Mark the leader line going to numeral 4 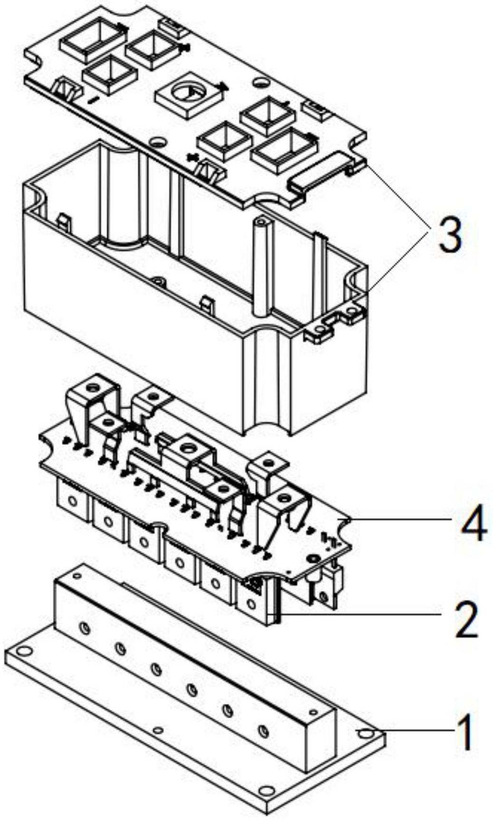coord(399,519)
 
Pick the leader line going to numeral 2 coord(361,615)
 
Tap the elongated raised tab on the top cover coord(323,172)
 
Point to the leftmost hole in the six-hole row coord(85,629)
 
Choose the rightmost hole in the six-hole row coord(263,730)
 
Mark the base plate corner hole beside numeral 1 coord(365,733)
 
